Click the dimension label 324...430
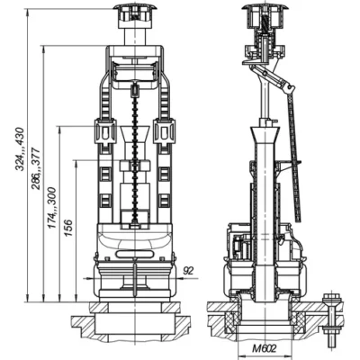tap(20, 149)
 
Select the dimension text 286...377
tap(36, 168)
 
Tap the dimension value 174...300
tap(52, 208)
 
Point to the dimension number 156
tap(68, 228)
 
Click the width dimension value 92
tap(188, 271)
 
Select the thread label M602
tap(265, 348)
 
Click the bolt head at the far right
tap(331, 299)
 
